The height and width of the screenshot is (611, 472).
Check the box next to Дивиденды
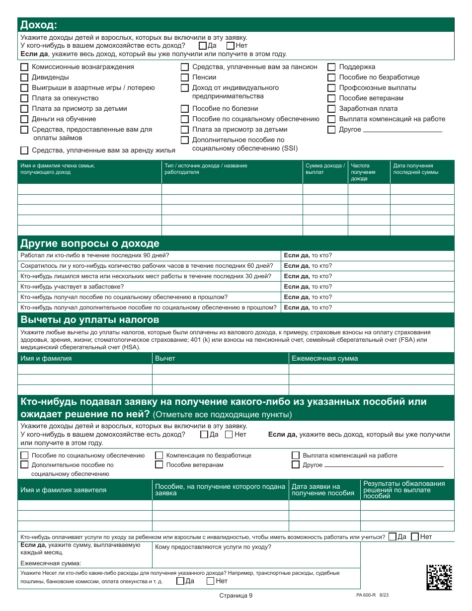coord(24,77)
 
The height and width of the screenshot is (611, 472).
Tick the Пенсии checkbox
coord(184,77)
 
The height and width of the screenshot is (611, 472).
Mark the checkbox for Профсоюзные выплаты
coord(331,88)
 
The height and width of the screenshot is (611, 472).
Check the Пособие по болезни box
coord(184,109)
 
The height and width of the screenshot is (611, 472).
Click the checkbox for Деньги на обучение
coord(24,119)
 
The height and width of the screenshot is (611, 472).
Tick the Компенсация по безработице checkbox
coord(159,455)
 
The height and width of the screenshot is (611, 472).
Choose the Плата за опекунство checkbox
coord(24,98)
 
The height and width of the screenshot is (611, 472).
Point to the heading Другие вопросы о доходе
coord(90,243)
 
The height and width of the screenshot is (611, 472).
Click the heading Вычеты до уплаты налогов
coord(90,319)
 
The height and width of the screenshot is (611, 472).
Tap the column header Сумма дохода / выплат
coord(324,169)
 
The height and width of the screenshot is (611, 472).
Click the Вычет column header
coord(165,358)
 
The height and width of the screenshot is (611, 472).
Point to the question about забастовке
coord(73,287)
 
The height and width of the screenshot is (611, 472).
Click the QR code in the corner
coord(439,577)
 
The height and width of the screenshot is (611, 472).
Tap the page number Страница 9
coord(236,596)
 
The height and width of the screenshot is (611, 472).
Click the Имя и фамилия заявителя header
coord(64,490)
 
